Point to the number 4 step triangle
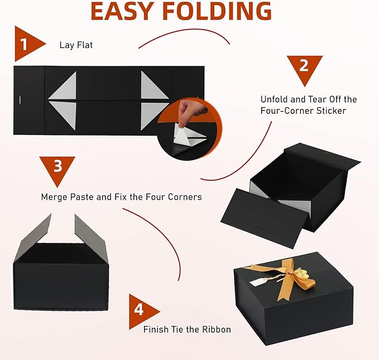[x=142, y=309]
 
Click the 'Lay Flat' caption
[x=76, y=45]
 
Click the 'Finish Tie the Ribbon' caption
[x=187, y=329]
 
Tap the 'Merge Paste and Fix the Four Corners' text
[x=121, y=197]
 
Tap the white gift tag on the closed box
[x=258, y=283]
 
